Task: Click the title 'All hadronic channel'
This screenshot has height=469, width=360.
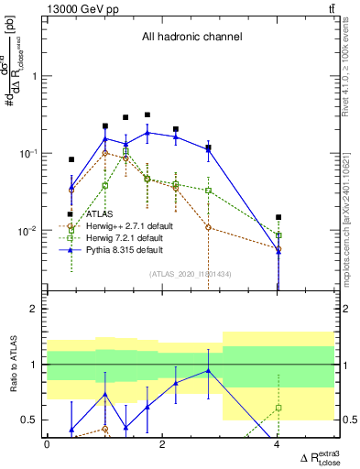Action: click(191, 38)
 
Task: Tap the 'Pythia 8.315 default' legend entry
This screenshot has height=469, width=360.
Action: click(123, 249)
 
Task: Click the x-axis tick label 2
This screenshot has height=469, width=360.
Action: click(162, 444)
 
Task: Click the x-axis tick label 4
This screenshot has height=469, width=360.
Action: click(278, 444)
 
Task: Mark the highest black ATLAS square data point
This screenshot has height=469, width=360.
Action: click(147, 115)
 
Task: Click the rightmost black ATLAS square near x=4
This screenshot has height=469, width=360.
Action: click(278, 217)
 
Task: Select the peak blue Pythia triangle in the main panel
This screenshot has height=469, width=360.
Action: click(147, 133)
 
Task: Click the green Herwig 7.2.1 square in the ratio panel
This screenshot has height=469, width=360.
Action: click(278, 407)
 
